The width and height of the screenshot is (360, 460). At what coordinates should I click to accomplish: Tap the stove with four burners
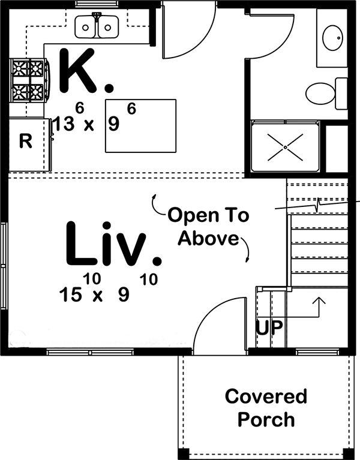click(28, 80)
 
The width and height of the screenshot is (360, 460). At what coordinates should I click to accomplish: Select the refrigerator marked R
click(25, 142)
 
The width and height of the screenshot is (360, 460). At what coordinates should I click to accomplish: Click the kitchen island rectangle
click(141, 127)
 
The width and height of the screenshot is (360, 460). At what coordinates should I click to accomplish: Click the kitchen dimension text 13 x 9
click(86, 124)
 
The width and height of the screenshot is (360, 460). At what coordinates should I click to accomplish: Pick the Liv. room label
click(113, 245)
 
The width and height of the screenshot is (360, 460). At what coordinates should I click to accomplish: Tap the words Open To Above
click(208, 226)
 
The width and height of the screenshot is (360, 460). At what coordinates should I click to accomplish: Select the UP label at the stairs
click(270, 328)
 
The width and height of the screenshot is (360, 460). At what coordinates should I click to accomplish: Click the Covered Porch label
click(265, 407)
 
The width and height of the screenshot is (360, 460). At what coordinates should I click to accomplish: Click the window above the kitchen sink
click(96, 4)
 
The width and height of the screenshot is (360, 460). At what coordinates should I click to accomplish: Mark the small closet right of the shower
click(336, 147)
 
